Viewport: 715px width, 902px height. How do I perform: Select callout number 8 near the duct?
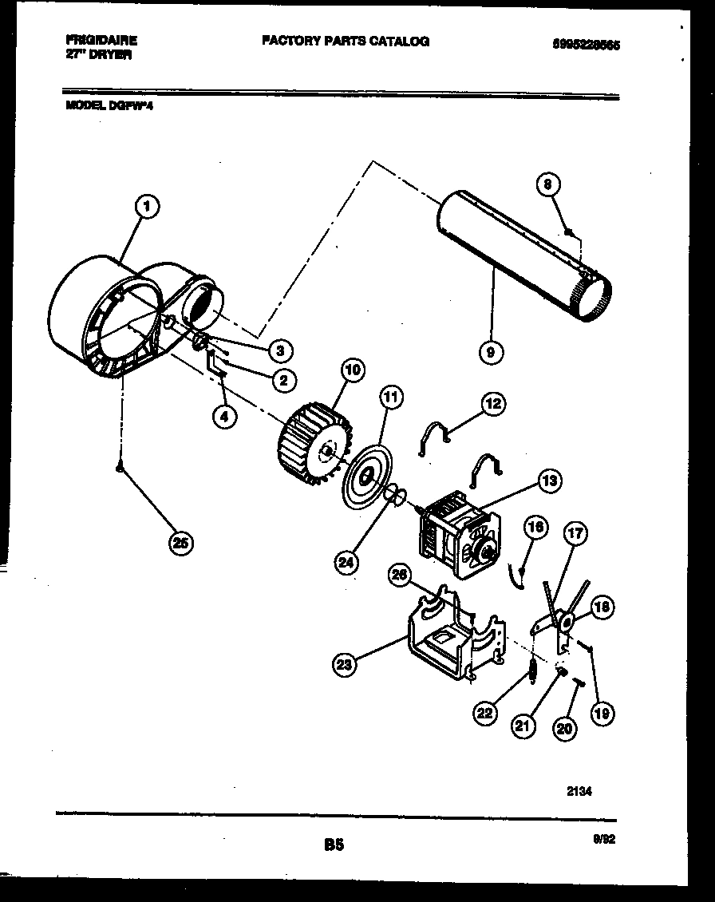pyautogui.click(x=547, y=185)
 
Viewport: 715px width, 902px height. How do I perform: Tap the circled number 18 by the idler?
pyautogui.click(x=602, y=607)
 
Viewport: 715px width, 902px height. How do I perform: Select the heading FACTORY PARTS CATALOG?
pyautogui.click(x=345, y=41)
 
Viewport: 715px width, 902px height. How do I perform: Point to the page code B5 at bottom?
pyautogui.click(x=334, y=844)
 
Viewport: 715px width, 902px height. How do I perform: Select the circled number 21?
pyautogui.click(x=523, y=725)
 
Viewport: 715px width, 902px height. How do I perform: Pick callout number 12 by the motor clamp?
pyautogui.click(x=492, y=405)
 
